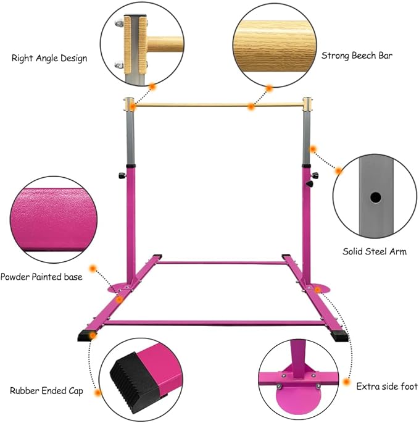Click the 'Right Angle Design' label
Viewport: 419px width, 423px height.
click(x=49, y=58)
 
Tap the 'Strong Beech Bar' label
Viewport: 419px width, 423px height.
click(x=357, y=56)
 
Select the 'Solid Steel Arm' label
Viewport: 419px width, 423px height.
click(x=375, y=251)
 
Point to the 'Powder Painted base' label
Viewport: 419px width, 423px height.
click(x=41, y=277)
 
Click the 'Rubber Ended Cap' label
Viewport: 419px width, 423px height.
click(x=46, y=391)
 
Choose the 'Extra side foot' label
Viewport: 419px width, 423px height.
click(x=387, y=387)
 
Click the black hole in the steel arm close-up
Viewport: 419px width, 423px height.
click(x=375, y=198)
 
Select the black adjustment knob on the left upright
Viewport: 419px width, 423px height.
click(x=122, y=175)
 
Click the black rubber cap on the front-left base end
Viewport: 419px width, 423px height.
click(x=85, y=336)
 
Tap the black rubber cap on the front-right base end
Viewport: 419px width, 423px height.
click(x=340, y=336)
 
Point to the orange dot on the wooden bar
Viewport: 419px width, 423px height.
click(x=251, y=107)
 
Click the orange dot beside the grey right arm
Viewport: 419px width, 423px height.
click(x=313, y=149)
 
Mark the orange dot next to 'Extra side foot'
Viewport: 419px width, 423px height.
click(x=346, y=382)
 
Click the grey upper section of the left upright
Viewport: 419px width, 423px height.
click(x=130, y=138)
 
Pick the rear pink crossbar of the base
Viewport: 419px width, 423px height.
click(x=222, y=262)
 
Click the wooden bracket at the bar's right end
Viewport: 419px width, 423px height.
click(x=307, y=104)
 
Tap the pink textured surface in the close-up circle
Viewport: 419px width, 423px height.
click(x=54, y=220)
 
